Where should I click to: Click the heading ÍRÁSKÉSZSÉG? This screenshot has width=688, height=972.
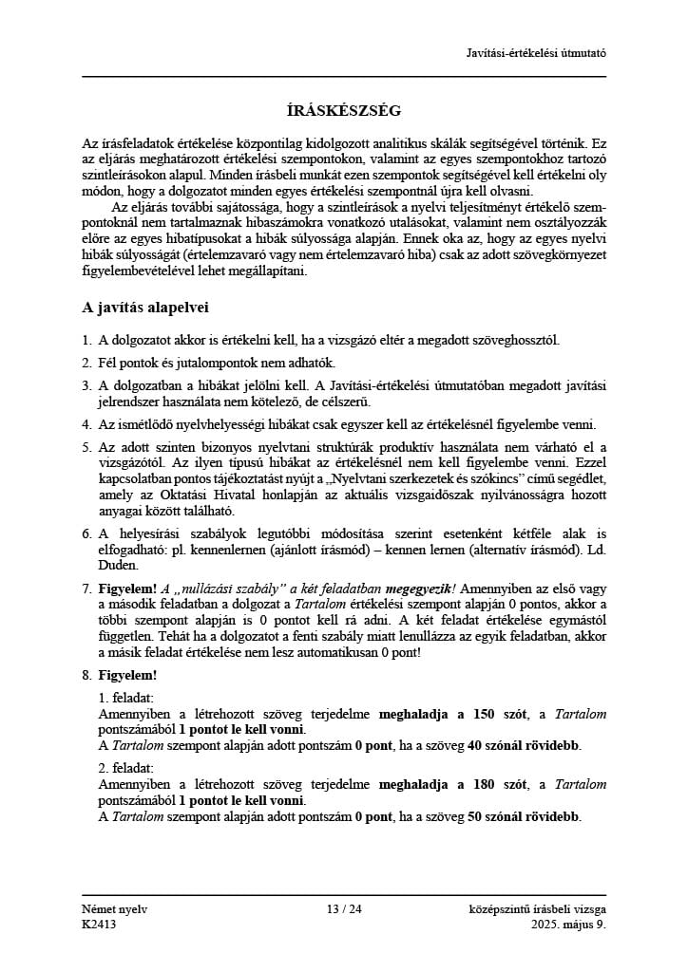point(344,110)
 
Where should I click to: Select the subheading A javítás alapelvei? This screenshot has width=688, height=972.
point(144,308)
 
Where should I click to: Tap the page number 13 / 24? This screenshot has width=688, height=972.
point(344,909)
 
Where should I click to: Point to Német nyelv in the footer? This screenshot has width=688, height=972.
point(115,909)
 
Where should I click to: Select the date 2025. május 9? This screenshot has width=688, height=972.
point(568,924)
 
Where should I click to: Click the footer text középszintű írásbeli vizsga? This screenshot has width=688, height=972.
point(538,909)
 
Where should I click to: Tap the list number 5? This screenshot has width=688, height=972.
point(87,447)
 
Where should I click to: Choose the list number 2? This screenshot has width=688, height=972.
point(87,363)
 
